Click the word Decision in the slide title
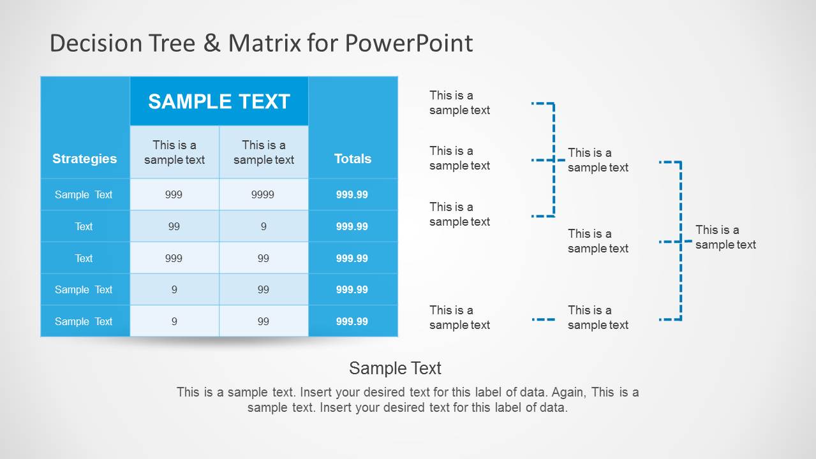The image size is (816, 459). coord(96,43)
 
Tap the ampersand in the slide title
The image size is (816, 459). coord(212,43)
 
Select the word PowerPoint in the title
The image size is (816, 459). coord(409,43)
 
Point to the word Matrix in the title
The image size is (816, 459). coord(265,43)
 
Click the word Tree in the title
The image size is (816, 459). coord(172,43)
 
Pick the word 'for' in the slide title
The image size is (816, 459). coord(323,43)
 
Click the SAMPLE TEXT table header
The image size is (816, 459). coord(219,101)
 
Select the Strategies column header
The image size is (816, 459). coord(84,159)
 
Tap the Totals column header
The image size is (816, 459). coord(353,159)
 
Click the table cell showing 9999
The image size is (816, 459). coord(263,194)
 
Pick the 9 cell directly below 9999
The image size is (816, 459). coord(263,226)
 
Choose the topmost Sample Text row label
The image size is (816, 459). coord(84,194)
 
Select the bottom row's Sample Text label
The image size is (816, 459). coord(84,321)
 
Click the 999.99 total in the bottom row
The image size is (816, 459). coord(352,321)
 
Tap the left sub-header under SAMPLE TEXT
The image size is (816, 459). coord(174,152)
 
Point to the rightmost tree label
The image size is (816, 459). coord(725,237)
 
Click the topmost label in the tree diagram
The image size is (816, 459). coord(459,103)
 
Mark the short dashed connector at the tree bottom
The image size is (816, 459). coord(543,319)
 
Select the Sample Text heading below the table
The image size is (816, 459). coord(396,368)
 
